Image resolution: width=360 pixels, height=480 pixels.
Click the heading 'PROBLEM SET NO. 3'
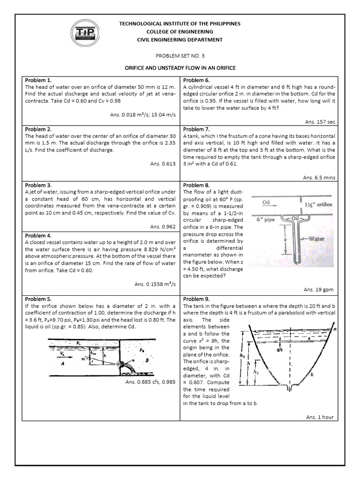click(180, 55)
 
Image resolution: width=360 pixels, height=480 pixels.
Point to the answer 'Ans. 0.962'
click(163, 226)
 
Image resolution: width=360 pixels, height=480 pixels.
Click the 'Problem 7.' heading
click(196, 129)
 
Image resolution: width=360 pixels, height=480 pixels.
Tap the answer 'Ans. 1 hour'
click(320, 417)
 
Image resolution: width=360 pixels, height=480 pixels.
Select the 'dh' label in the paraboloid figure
click(279, 349)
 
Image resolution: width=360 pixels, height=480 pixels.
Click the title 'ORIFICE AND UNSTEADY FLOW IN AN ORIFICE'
click(180, 68)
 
